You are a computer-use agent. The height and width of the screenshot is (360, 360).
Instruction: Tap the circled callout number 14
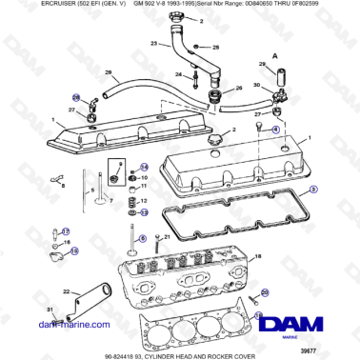tap(132, 166)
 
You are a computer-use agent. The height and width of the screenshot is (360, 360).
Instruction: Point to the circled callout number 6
tap(143, 239)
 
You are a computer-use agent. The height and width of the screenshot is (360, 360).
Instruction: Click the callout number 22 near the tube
tap(65, 291)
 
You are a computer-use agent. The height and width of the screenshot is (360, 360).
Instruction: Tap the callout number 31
tap(50, 310)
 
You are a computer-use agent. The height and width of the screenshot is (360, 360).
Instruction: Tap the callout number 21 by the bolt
tap(169, 235)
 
